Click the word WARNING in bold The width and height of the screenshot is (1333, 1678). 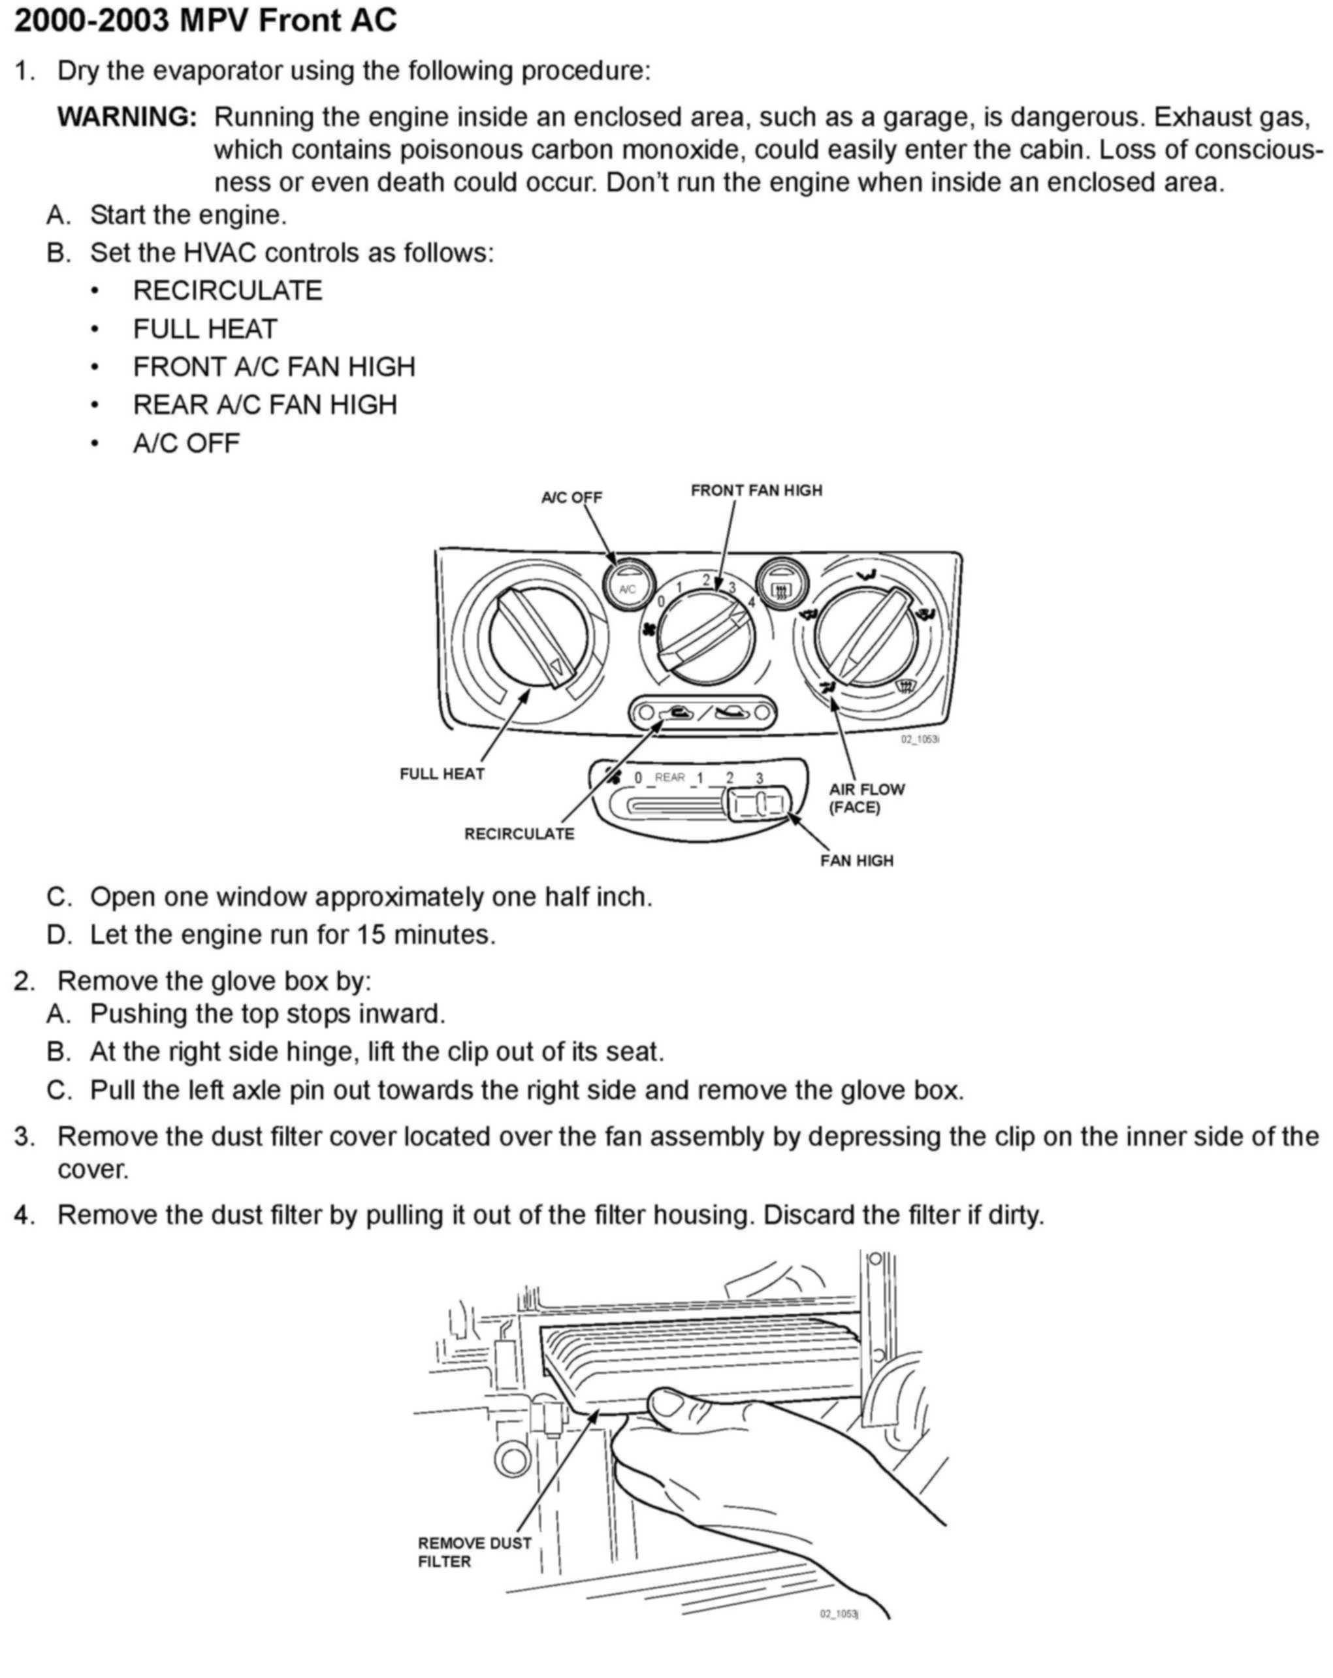[x=127, y=117]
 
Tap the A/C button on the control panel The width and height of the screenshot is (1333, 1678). [x=627, y=589]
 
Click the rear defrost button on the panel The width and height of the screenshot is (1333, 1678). [x=781, y=589]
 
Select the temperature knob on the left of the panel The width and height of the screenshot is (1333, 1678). [x=537, y=636]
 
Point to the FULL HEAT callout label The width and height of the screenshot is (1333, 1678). [x=442, y=773]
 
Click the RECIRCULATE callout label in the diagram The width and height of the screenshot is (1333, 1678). [x=519, y=833]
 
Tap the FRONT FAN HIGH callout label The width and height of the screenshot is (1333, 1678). [x=756, y=491]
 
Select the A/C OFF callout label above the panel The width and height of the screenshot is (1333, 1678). [x=571, y=497]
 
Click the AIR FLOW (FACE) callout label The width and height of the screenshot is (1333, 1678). [x=866, y=798]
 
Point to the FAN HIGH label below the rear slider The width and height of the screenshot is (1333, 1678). [x=857, y=861]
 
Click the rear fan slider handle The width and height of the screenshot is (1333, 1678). [x=759, y=803]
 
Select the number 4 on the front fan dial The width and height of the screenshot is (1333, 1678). [x=751, y=602]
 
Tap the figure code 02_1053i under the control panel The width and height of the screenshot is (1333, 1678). [x=920, y=739]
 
